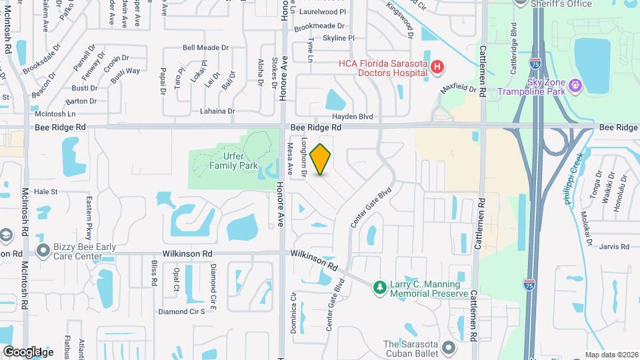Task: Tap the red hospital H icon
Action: (437, 67)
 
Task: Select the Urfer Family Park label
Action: (233, 161)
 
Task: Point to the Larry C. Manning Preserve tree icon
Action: (379, 287)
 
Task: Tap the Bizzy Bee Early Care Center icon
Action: (44, 251)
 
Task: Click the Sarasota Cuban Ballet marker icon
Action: (449, 347)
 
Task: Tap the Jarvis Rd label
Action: (614, 247)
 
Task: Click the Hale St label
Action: (46, 191)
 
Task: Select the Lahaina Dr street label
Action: (213, 111)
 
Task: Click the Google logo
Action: (23, 352)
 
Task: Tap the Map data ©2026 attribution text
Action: (611, 355)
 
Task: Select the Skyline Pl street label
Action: (338, 39)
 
